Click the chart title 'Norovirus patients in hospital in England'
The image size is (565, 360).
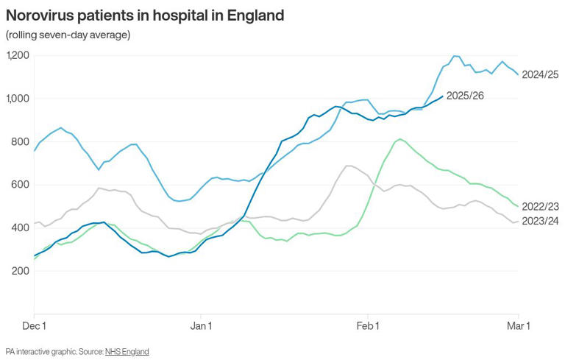144,15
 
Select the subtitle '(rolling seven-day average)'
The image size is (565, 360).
68,35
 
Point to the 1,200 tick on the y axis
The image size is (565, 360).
18,56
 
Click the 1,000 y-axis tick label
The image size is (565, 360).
18,99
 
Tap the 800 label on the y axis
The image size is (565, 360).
21,142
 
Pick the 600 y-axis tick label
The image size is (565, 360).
21,185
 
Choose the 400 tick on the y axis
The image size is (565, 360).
21,228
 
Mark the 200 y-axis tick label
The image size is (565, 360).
21,271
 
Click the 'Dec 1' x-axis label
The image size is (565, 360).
34,324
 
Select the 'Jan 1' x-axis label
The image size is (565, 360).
201,324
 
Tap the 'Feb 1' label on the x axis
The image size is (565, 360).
367,324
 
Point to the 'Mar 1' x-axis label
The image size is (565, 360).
519,324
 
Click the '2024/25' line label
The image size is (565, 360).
541,74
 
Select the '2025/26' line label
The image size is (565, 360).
465,96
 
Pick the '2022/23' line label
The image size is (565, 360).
541,208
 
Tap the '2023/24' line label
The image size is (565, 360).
541,221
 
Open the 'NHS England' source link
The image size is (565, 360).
127,352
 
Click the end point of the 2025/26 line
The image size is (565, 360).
442,96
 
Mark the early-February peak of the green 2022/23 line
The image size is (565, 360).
399,139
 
